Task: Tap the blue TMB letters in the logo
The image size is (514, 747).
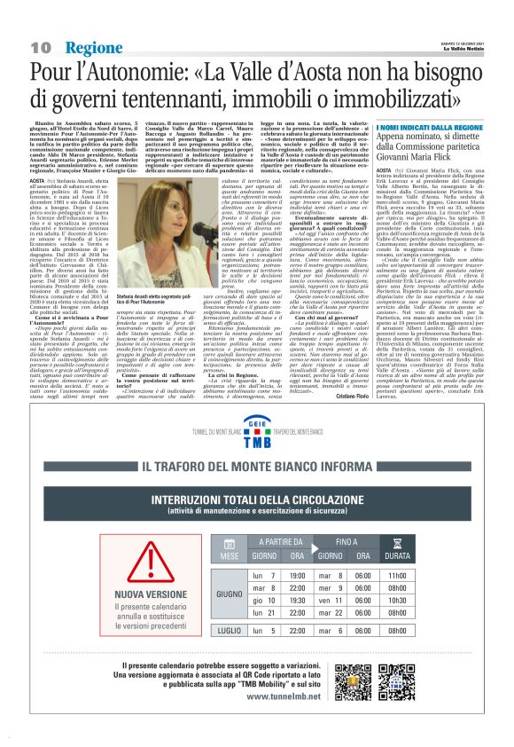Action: click(x=256, y=441)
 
